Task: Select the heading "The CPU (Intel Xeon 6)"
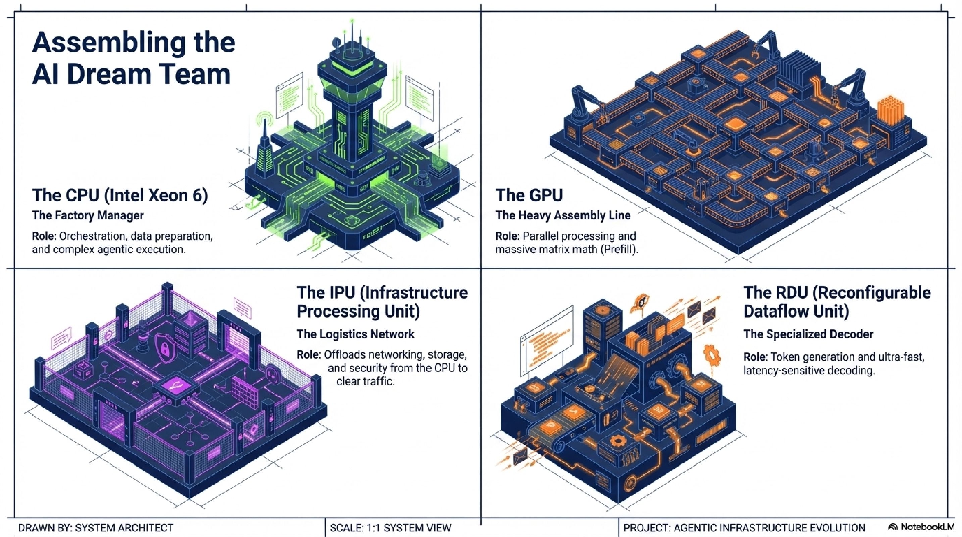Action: point(120,195)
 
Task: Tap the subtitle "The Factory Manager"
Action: point(88,215)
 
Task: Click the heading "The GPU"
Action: point(529,195)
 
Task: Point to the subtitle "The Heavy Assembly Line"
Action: point(563,215)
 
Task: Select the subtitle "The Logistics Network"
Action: point(356,334)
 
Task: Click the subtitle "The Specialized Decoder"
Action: point(808,334)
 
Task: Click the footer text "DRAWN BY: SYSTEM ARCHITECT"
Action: point(96,528)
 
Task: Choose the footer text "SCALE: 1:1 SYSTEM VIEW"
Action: point(390,528)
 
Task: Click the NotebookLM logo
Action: point(921,527)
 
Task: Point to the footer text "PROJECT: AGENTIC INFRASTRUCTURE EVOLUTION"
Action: point(744,528)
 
